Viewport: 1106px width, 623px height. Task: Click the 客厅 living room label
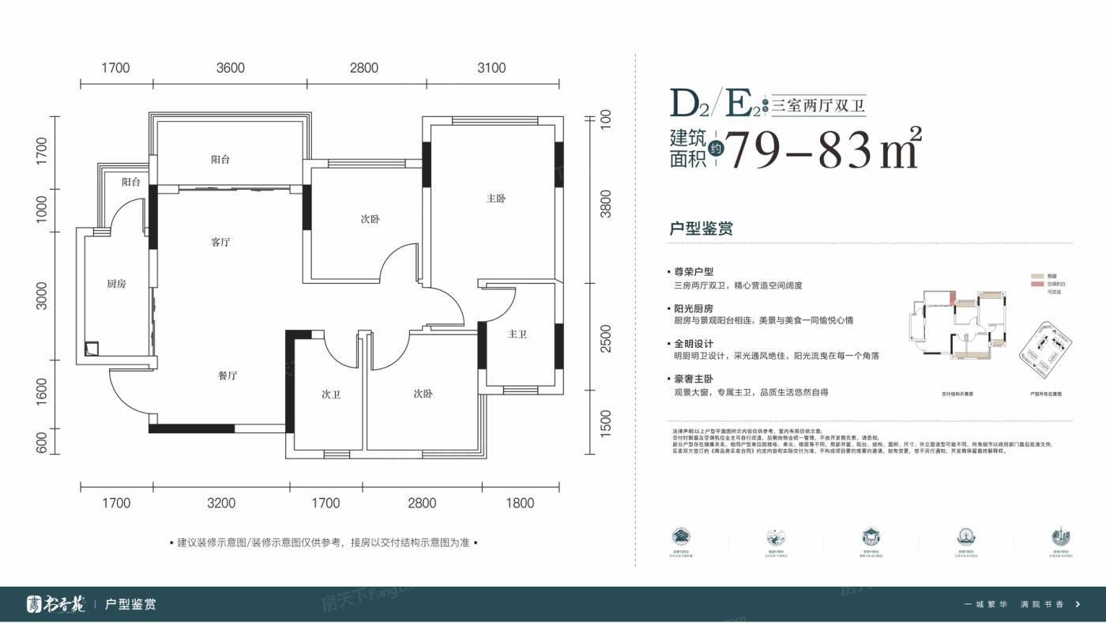(220, 242)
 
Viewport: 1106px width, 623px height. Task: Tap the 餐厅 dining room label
(228, 376)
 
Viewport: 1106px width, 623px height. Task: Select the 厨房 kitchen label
(116, 284)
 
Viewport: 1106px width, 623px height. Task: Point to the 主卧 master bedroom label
(495, 198)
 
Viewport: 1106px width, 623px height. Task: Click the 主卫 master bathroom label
(517, 334)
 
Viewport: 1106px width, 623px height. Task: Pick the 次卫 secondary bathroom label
(330, 395)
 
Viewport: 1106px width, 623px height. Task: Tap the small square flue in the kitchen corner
(92, 347)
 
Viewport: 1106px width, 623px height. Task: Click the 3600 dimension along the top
(230, 68)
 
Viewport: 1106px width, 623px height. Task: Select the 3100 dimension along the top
(491, 68)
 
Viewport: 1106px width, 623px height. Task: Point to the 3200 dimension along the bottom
(222, 503)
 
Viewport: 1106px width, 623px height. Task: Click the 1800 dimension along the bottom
(520, 503)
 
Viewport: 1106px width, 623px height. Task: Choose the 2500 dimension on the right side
(606, 338)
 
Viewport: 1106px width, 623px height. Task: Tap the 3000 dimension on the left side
(42, 296)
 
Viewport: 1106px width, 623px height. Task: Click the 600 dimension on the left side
(42, 441)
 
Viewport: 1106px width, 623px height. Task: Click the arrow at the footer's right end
(1078, 605)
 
